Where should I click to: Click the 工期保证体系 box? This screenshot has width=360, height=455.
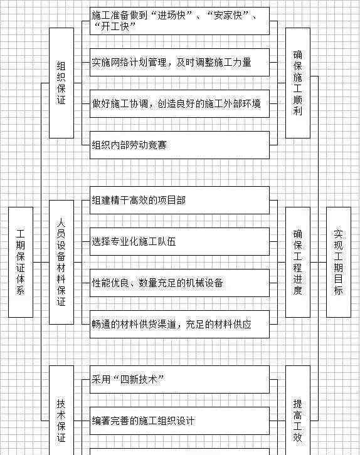[21, 262]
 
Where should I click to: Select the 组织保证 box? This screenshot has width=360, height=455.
[61, 83]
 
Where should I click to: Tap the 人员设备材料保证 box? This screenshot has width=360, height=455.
[61, 262]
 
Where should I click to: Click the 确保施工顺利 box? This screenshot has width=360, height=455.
[298, 83]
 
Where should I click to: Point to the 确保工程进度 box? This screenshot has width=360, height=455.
[298, 262]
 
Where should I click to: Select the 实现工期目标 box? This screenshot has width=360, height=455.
[339, 262]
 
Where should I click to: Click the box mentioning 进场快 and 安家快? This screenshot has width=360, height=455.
[180, 21]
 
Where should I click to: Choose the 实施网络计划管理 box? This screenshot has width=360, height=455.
[180, 63]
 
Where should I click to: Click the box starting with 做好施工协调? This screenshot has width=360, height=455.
[180, 103]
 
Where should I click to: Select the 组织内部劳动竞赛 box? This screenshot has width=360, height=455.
[180, 145]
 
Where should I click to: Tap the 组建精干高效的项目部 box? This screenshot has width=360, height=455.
[180, 200]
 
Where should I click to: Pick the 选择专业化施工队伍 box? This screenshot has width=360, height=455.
[180, 241]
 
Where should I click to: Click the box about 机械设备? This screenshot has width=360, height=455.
[180, 283]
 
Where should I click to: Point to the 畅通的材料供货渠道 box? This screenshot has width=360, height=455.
[180, 324]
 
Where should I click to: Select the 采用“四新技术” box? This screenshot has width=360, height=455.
[180, 379]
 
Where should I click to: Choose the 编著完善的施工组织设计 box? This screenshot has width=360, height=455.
[180, 421]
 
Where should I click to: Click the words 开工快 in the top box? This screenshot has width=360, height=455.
[115, 27]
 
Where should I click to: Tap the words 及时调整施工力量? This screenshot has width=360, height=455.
[214, 63]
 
